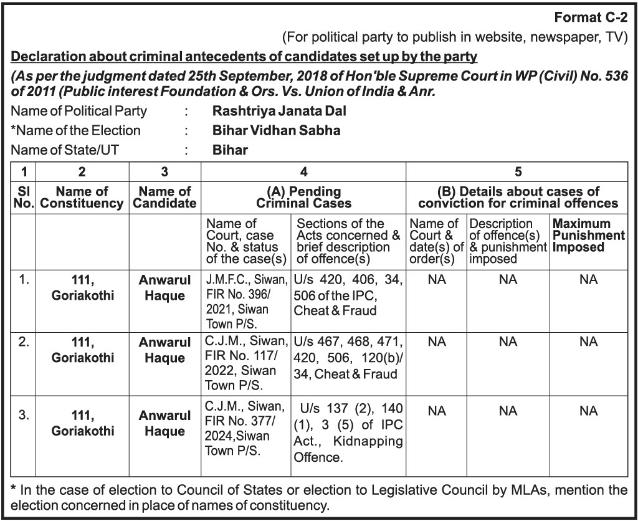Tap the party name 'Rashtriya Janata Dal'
tap(279, 112)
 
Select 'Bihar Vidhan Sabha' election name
tap(276, 131)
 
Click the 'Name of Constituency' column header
tap(82, 198)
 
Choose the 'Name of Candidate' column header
tap(165, 198)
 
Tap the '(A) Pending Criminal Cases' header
tap(303, 198)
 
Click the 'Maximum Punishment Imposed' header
tap(588, 235)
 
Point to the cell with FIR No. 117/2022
tap(246, 363)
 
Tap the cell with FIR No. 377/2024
tap(246, 430)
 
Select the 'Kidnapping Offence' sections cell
tap(348, 433)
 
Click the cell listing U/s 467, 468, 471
tap(348, 358)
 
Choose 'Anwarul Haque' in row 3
tap(165, 423)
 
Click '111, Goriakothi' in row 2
tap(83, 350)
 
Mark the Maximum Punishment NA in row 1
tap(588, 280)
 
